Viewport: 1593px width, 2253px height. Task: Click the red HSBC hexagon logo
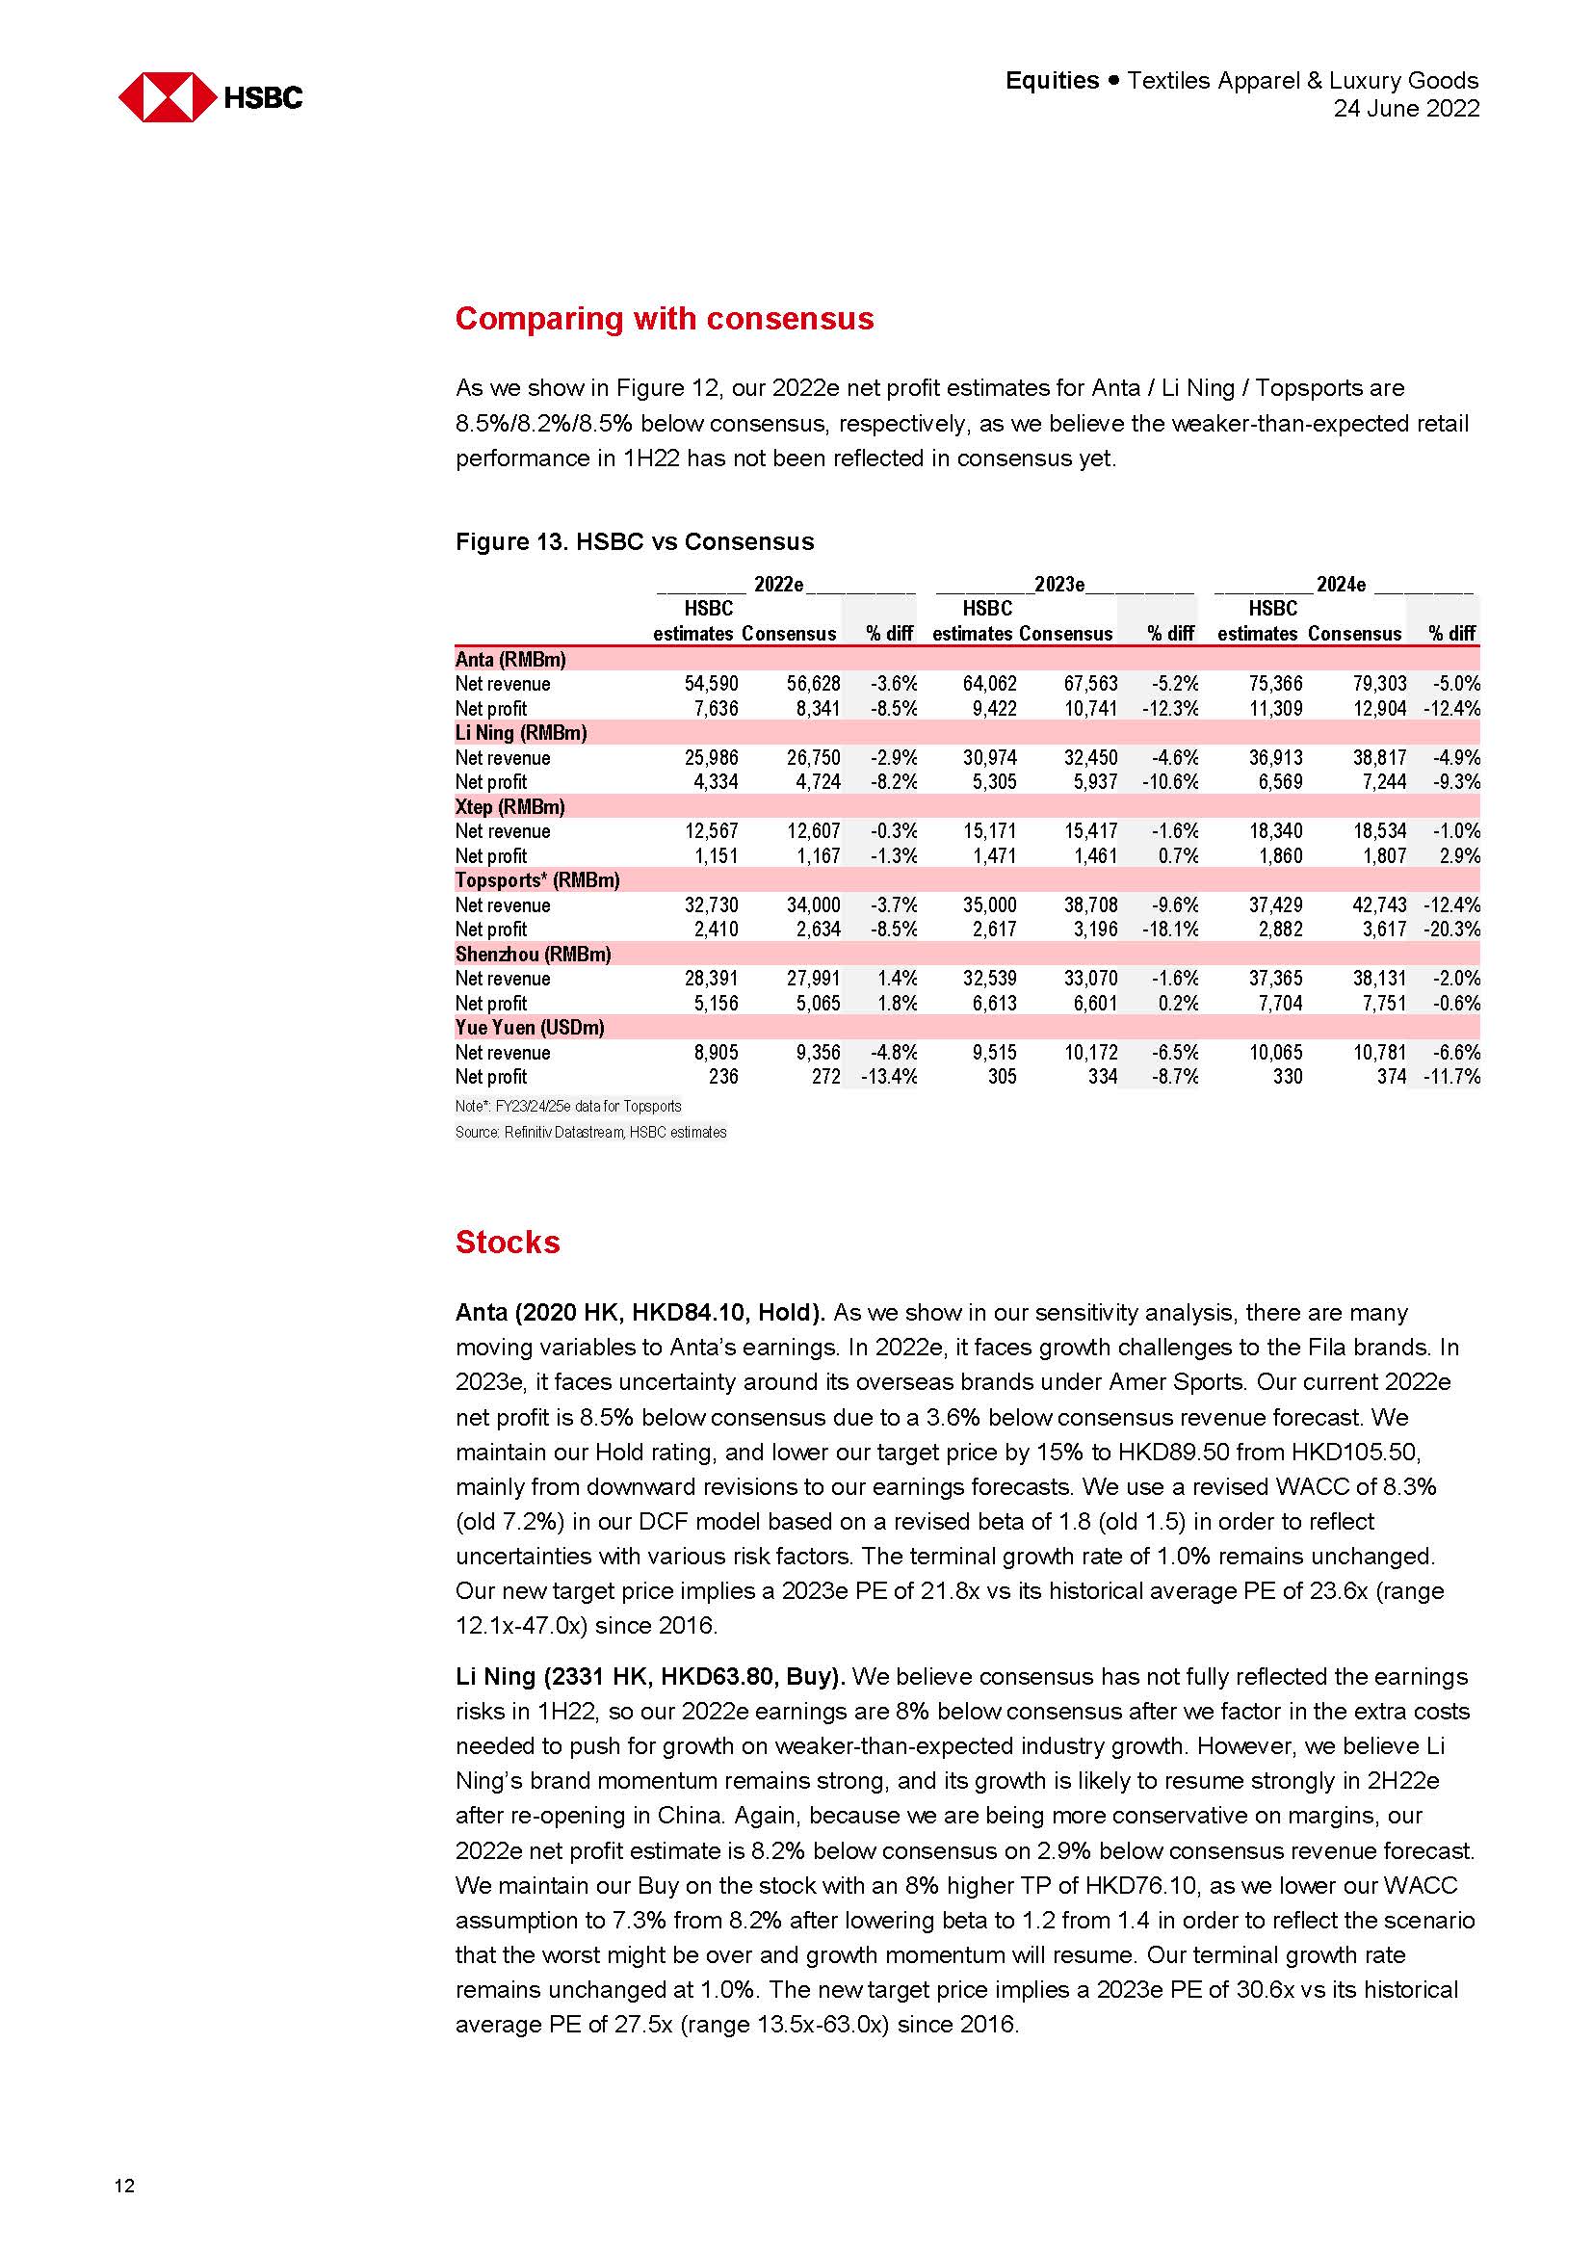click(167, 97)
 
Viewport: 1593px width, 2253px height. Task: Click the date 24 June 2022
click(1404, 109)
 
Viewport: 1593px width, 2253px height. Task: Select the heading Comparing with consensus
click(665, 319)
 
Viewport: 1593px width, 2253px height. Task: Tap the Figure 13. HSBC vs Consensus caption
click(635, 541)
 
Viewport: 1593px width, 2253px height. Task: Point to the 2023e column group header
click(1059, 585)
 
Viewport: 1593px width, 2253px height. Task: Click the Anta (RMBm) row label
click(510, 660)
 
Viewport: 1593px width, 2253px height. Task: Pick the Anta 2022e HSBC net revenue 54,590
click(711, 684)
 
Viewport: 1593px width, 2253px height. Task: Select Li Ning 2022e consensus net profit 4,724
click(813, 782)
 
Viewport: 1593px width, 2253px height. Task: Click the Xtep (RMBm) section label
click(510, 806)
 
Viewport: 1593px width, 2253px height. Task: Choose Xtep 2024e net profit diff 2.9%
click(1459, 855)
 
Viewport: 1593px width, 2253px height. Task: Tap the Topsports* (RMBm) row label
click(537, 880)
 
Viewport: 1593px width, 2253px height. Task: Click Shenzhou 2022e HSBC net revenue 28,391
click(711, 979)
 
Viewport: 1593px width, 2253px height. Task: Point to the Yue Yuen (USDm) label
click(530, 1028)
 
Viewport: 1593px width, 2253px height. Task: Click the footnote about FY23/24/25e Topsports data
click(568, 1106)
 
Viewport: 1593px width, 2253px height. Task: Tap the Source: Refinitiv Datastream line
click(590, 1133)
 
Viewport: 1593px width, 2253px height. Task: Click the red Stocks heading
click(508, 1243)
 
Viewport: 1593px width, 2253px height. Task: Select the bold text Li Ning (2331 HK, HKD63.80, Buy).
click(649, 1677)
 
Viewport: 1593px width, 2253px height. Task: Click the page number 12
click(124, 2186)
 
